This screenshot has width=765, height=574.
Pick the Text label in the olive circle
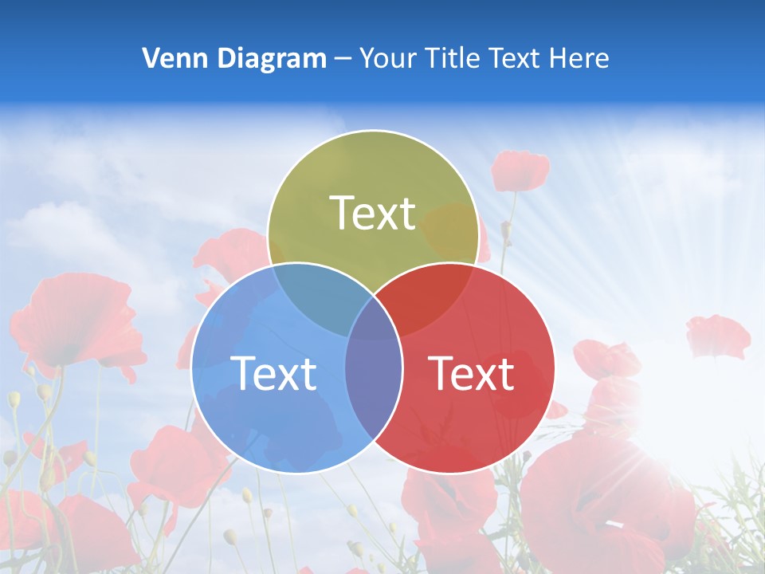[x=373, y=213]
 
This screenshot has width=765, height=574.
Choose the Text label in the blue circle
[x=273, y=372]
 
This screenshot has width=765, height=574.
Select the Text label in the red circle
[x=471, y=372]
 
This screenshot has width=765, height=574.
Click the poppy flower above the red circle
[x=520, y=171]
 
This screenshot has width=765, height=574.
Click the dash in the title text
[x=343, y=59]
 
